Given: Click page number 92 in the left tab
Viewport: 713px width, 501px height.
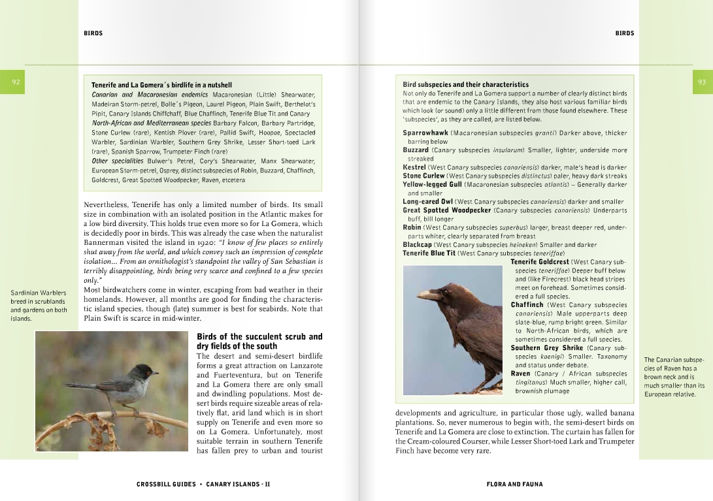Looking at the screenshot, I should pos(16,82).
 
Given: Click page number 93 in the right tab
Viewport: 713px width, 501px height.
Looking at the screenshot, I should pos(701,82).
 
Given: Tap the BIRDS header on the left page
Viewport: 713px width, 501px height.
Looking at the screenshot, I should pos(93,33).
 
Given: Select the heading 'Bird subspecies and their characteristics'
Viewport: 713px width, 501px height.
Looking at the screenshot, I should pos(465,85).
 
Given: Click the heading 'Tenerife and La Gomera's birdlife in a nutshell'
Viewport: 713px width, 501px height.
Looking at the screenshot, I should pos(161,85).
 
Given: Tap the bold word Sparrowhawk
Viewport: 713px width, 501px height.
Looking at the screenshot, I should pos(425,133).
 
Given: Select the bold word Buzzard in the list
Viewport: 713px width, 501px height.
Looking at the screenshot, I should pos(416,150).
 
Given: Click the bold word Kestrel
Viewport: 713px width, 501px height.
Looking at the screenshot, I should pos(414,167).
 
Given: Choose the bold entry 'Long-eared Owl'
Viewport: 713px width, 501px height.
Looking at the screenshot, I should pos(427,202).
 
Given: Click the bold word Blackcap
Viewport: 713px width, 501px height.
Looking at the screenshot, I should pos(417,245).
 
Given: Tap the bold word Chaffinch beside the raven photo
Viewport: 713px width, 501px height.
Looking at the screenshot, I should pos(527,305).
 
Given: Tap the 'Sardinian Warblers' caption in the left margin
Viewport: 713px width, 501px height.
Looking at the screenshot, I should pos(38,293).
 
